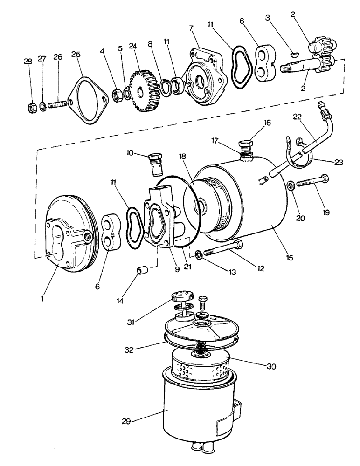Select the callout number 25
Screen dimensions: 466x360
click(76, 54)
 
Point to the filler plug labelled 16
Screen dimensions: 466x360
click(245, 145)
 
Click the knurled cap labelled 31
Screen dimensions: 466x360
click(180, 297)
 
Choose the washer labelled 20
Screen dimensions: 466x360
click(290, 185)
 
